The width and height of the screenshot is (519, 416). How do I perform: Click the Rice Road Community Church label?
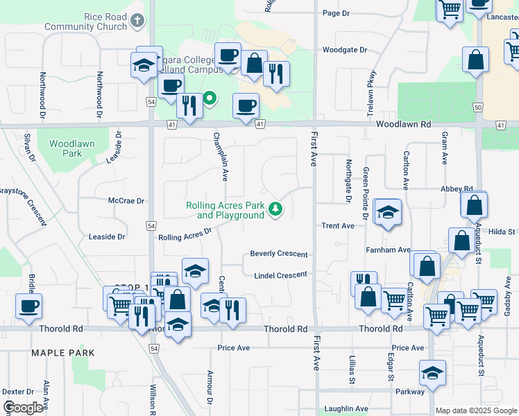point(87,21)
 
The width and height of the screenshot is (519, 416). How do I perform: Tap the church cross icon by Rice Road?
point(138,21)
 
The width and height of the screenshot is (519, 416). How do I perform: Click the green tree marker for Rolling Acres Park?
point(276,208)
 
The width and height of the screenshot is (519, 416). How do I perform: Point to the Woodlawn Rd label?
point(404,123)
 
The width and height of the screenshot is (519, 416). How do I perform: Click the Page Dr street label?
point(336,13)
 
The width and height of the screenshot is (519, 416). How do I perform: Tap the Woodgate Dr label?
point(344,50)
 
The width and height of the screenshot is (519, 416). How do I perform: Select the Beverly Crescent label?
point(279,254)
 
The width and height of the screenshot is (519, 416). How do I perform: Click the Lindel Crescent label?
point(280,275)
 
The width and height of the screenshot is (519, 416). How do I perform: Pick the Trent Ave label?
point(338,226)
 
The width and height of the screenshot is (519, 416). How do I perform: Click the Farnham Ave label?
point(389,250)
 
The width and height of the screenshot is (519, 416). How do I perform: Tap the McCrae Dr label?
point(126,201)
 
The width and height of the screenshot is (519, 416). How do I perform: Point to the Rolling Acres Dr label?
point(185,234)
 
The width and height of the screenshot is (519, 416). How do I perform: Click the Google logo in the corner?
point(24,408)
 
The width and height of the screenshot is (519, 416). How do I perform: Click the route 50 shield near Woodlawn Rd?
point(477,107)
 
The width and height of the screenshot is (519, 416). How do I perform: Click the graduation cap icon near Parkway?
point(433,373)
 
